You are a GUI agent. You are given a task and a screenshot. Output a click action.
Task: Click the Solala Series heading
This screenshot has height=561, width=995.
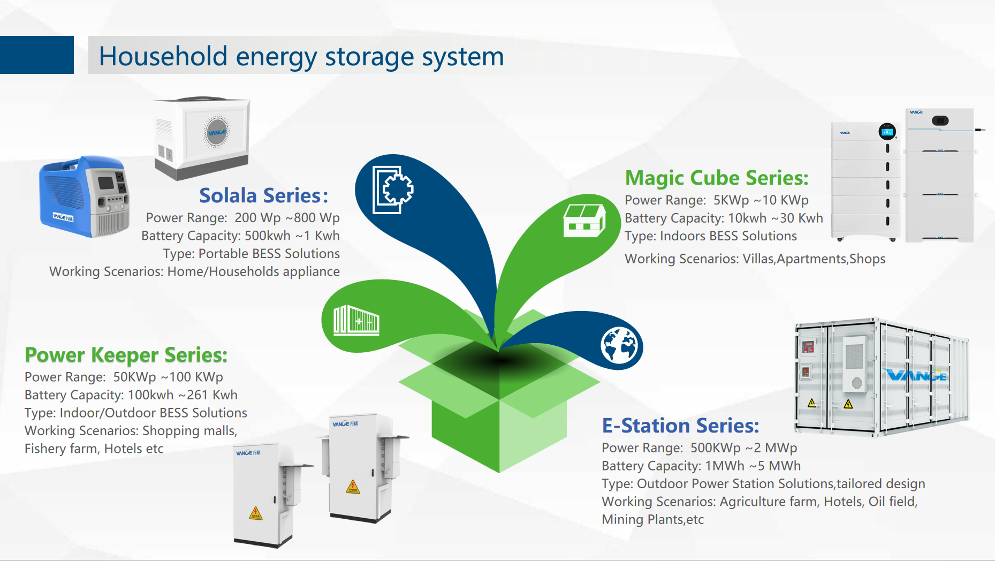pos(263,196)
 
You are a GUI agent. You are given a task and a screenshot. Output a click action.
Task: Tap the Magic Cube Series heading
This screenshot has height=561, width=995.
pos(717,178)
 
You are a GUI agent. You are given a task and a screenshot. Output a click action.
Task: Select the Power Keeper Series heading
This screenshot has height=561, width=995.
pos(126,355)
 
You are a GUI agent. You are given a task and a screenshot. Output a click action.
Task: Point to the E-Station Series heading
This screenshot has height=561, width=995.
pos(680,426)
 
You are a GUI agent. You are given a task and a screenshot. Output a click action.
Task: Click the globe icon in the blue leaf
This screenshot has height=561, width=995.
pos(619,346)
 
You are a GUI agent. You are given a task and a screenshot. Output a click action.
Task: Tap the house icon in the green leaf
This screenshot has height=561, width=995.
pos(584,221)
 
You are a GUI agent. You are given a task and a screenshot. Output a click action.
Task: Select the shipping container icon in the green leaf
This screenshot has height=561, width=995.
pos(356,320)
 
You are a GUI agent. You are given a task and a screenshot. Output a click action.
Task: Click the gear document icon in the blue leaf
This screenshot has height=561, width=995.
pos(393,190)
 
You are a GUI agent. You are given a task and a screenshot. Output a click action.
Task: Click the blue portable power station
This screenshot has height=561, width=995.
pos(84,196)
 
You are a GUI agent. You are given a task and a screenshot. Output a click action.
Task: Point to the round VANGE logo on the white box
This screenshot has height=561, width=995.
pos(217,132)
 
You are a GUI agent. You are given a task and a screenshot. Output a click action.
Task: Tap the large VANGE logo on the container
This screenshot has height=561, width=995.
pos(917,375)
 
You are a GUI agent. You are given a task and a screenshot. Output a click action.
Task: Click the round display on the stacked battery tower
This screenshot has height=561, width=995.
pos(887,131)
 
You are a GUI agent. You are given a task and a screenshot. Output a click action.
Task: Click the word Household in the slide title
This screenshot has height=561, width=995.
pos(163,56)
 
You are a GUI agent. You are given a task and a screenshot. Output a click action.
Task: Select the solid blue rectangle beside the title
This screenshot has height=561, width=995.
pos(37,55)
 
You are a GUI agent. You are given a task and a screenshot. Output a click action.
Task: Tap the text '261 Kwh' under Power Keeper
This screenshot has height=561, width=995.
pos(212,395)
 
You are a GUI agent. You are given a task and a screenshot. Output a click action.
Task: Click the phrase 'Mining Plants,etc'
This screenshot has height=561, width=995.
pos(653,520)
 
